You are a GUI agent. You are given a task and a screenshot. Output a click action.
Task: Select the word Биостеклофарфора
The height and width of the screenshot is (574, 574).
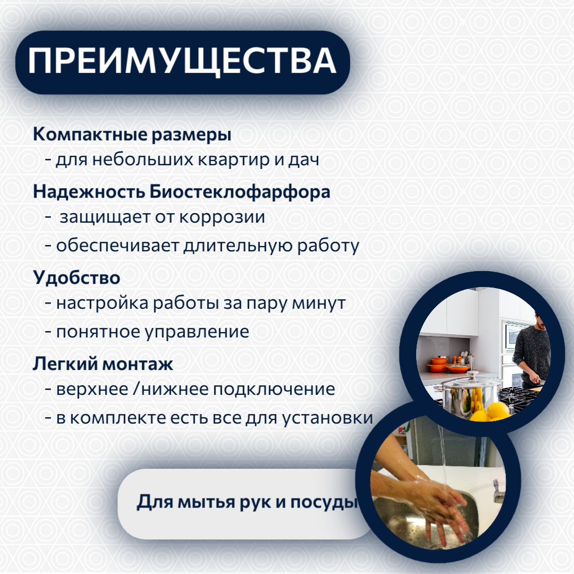pos(240,192)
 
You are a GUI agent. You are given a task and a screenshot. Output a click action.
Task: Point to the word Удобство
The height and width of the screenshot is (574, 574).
pos(77,277)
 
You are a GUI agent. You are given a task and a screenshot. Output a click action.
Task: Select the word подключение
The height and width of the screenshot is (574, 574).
pos(274,389)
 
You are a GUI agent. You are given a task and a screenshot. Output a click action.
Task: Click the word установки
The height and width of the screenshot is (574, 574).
pos(327,418)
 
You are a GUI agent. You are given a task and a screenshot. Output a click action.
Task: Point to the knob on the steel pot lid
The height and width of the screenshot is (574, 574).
pos(470,375)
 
